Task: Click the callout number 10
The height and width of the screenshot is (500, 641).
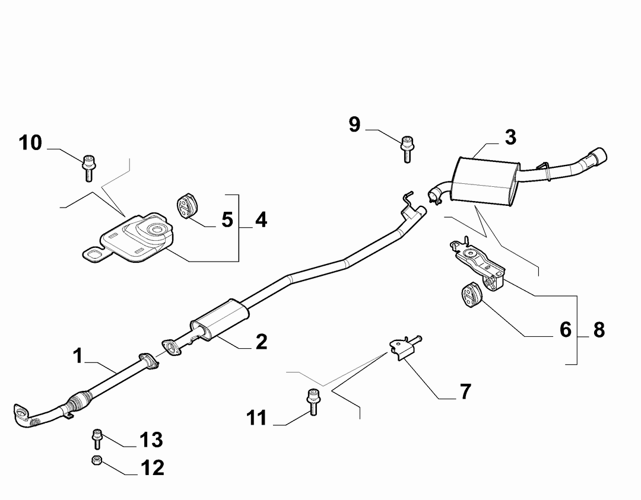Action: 30,143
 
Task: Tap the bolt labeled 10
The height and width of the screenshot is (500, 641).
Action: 88,168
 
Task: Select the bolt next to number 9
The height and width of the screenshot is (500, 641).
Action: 407,149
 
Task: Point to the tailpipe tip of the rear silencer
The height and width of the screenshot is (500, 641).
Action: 599,155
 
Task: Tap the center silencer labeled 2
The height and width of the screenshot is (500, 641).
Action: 220,320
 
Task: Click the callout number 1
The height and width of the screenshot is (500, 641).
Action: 78,356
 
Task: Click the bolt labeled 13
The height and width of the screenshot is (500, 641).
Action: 97,439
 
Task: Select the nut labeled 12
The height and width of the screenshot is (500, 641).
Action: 97,461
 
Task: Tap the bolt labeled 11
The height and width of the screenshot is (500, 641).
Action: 313,402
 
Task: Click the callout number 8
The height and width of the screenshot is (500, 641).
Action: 599,330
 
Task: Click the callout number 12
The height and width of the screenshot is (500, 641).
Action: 152,468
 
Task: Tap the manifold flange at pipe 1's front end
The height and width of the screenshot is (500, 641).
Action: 22,415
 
